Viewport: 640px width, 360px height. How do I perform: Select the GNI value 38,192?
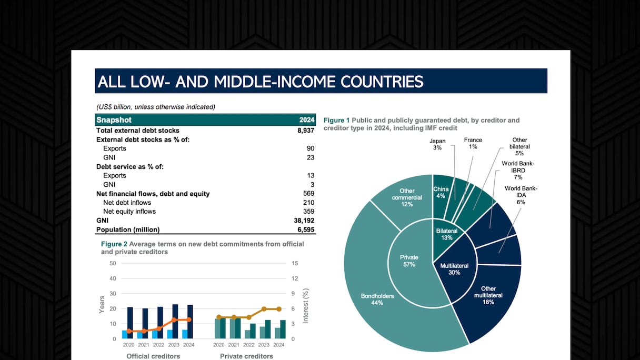304,221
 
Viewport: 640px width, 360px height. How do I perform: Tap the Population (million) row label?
128,229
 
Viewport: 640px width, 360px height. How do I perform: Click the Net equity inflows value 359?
308,212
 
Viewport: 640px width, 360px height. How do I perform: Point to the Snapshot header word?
114,120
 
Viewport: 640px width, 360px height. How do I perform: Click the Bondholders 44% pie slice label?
377,299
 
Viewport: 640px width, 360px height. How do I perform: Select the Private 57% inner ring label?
409,261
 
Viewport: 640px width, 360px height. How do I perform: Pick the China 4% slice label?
440,192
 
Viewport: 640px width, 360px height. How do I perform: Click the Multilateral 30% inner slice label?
454,269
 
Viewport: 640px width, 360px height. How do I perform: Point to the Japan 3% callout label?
437,144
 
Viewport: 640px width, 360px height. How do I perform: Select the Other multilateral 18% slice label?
488,295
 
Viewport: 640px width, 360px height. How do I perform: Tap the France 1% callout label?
473,143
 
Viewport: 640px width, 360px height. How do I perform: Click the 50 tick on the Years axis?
113,263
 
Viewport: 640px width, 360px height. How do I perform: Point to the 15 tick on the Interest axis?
295,263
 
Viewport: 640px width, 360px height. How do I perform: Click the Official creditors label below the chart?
153,356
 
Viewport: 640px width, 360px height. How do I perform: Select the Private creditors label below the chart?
246,356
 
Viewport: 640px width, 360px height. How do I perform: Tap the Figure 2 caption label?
114,244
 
